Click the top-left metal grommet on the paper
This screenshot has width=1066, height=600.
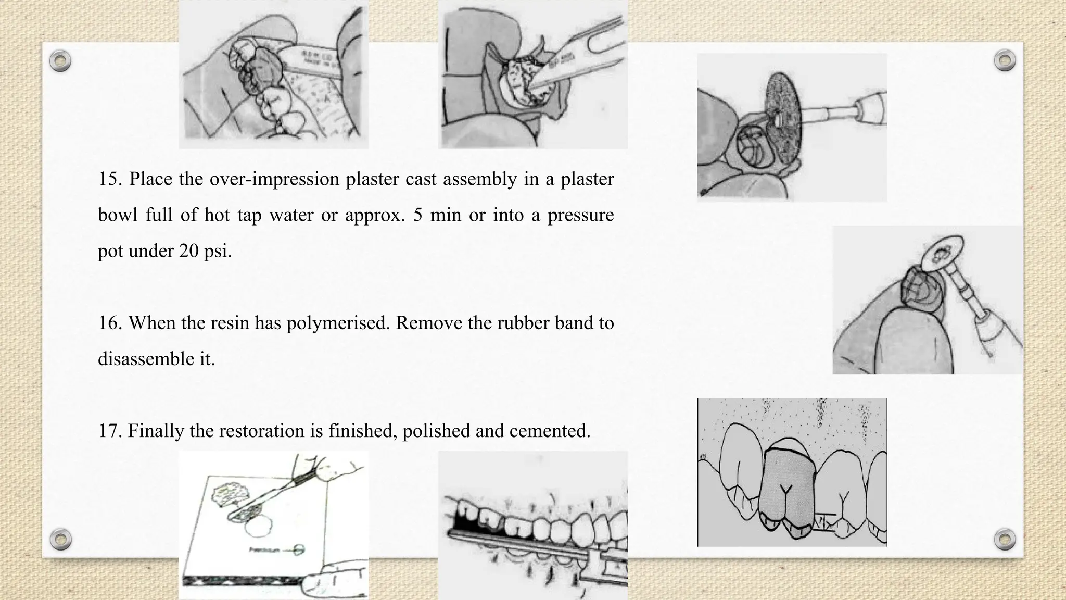click(x=60, y=61)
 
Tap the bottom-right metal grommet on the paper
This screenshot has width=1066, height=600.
click(x=1005, y=539)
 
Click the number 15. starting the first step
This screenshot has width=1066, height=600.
click(x=110, y=179)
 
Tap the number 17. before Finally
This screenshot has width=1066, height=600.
click(x=110, y=431)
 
